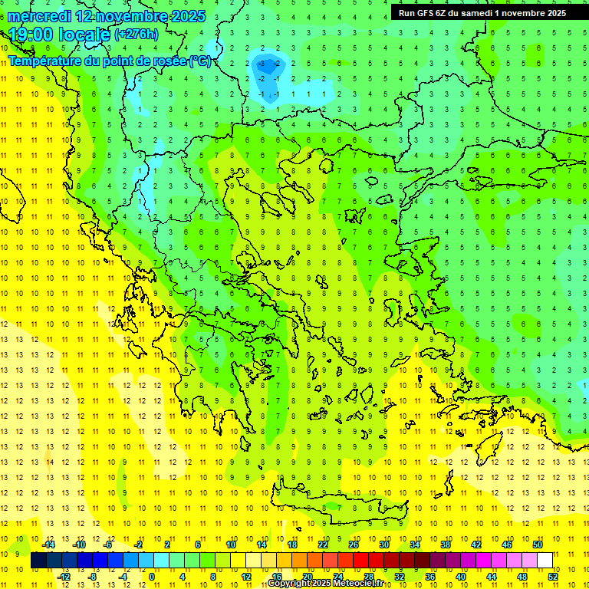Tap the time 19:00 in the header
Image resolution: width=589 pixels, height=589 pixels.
pyautogui.click(x=31, y=35)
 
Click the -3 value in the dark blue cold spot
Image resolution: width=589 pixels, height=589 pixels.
pyautogui.click(x=262, y=63)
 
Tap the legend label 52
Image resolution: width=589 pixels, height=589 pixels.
pyautogui.click(x=553, y=576)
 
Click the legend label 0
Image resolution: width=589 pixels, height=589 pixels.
pyautogui.click(x=152, y=576)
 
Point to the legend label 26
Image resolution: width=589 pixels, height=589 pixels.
pyautogui.click(x=353, y=544)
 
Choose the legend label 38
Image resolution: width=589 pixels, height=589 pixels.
pyautogui.click(x=445, y=544)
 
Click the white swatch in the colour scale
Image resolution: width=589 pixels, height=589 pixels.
pyautogui.click(x=545, y=561)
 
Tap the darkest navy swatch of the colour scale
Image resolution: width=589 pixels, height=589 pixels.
pyautogui.click(x=38, y=561)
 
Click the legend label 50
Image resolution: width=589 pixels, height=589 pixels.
pyautogui.click(x=537, y=544)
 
